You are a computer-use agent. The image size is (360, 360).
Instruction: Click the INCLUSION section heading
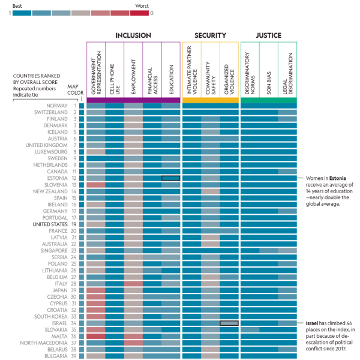tap(133, 35)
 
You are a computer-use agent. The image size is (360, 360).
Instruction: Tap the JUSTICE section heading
tap(268, 35)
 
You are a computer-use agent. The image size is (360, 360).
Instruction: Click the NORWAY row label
tap(56, 106)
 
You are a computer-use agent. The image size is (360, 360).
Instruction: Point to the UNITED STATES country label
tap(50, 224)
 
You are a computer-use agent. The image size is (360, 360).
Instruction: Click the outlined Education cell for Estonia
tap(170, 178)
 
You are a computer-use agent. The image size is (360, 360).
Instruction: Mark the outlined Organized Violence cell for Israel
tap(229, 323)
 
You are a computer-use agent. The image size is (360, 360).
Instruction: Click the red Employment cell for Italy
tap(133, 283)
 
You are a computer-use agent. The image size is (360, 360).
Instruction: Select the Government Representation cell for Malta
tap(96, 336)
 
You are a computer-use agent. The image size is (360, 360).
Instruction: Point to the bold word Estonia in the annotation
tap(336, 179)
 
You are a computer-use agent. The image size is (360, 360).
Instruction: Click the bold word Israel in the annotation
tap(312, 323)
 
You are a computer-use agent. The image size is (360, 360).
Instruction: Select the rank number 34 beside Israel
tap(74, 323)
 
